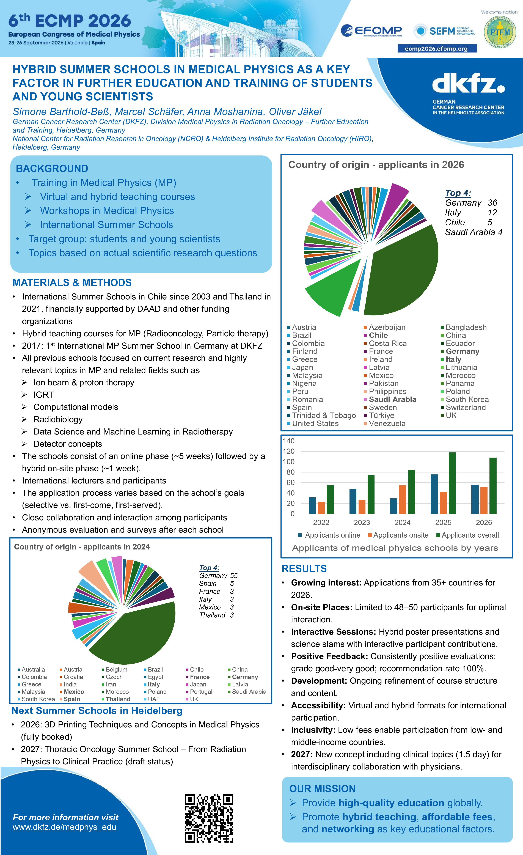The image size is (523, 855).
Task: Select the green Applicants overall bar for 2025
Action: click(x=452, y=483)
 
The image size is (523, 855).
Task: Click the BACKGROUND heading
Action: click(x=52, y=169)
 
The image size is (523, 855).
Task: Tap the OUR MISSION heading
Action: click(x=322, y=789)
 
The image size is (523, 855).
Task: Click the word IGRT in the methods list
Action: click(x=43, y=395)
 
